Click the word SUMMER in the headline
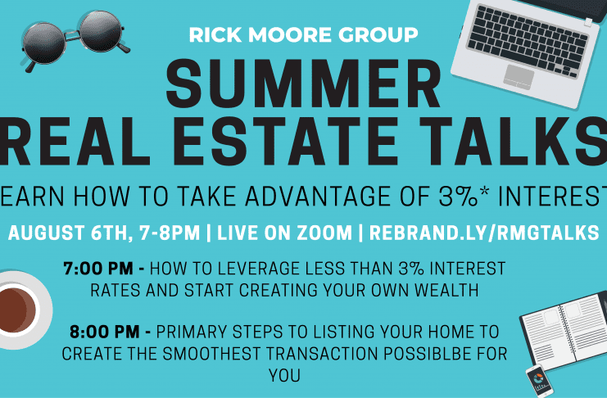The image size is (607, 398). [303, 84]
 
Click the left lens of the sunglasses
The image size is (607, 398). [43, 43]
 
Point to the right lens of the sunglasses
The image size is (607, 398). [102, 31]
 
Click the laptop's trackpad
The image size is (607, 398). [519, 77]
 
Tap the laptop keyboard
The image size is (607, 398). [528, 40]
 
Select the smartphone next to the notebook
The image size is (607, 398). [539, 380]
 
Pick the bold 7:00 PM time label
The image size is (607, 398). [104, 269]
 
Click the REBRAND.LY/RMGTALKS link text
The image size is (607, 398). [484, 233]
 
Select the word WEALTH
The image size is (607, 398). [446, 291]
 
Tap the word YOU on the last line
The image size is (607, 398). [284, 376]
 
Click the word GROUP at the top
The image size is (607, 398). [378, 35]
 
